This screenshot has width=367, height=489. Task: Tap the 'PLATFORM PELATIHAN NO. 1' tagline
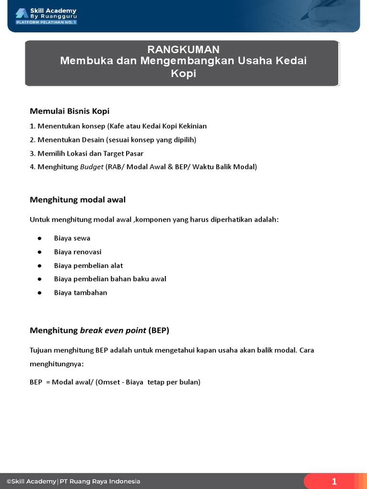46,22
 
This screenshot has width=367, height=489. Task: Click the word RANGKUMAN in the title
183,50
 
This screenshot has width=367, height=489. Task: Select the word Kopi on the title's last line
183,74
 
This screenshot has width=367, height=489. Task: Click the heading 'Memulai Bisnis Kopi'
70,111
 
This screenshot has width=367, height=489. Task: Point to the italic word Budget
92,167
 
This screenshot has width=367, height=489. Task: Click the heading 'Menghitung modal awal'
78,200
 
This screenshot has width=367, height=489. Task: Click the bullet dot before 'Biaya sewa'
39,238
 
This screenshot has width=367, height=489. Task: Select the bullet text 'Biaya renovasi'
77,252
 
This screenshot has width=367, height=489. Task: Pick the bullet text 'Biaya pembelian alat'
88,266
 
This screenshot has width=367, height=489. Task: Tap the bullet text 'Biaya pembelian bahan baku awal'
110,279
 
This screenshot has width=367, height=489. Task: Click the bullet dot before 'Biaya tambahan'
39,293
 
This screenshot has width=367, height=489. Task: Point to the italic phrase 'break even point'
113,330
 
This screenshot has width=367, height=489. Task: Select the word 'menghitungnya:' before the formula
56,364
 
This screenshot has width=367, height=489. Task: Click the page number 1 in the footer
335,481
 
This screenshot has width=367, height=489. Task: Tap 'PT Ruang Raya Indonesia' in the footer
100,481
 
